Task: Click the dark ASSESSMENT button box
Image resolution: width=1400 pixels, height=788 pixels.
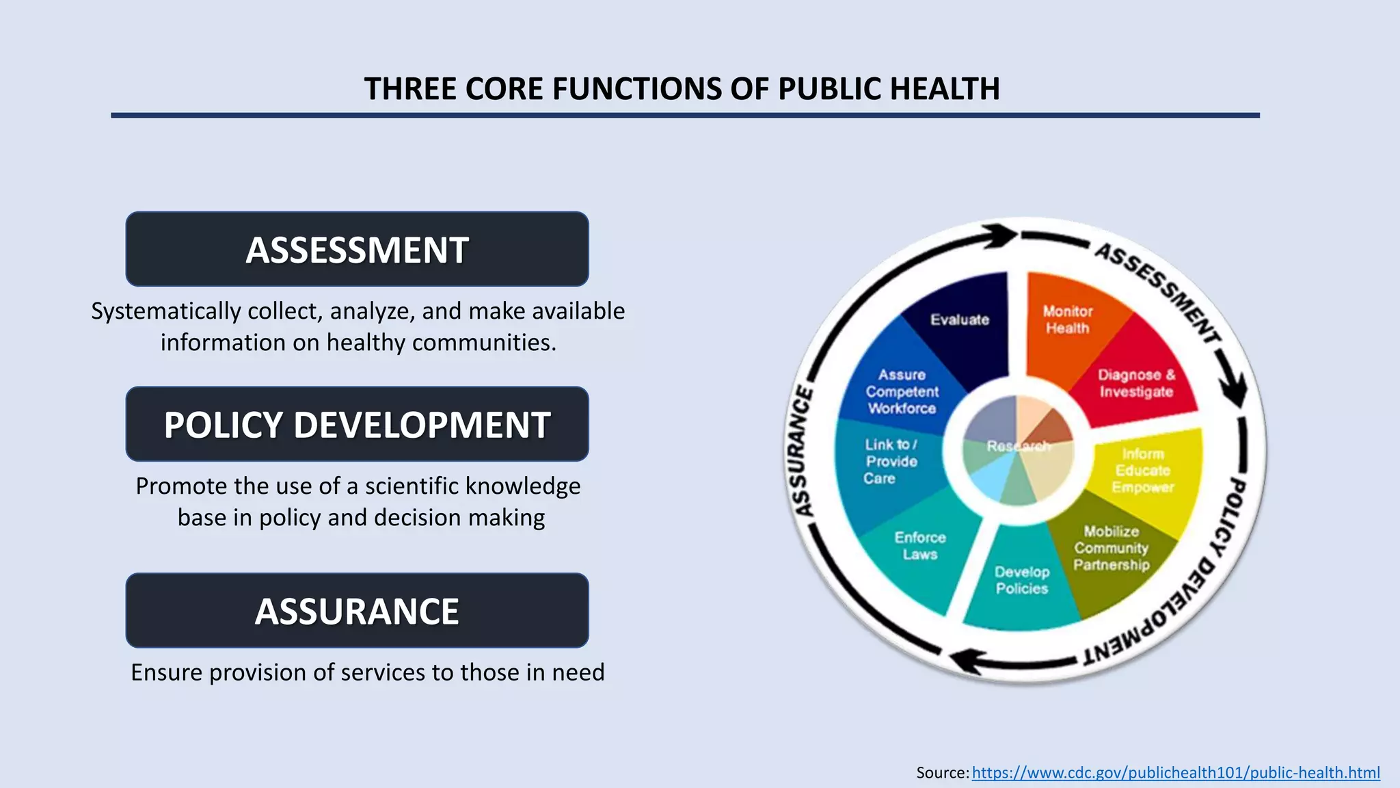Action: click(357, 249)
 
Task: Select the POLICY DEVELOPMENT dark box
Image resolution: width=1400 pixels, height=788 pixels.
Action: click(357, 424)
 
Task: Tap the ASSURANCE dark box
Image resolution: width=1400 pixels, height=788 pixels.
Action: click(357, 611)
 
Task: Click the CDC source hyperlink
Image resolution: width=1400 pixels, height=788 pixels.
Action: click(1176, 772)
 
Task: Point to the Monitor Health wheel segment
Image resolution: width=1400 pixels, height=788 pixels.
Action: click(1067, 320)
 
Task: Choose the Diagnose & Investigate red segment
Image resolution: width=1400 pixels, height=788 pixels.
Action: click(1135, 383)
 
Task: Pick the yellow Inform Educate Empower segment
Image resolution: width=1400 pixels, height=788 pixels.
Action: click(1143, 471)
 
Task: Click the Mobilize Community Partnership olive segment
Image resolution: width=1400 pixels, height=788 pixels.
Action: click(1112, 549)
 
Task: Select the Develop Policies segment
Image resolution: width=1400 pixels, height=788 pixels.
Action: click(1021, 580)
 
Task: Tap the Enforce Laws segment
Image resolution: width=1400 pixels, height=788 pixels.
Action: click(919, 546)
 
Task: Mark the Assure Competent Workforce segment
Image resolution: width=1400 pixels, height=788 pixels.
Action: click(902, 391)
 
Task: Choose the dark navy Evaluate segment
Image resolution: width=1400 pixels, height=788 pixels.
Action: click(960, 319)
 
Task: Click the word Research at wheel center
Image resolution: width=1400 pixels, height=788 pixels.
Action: click(1017, 447)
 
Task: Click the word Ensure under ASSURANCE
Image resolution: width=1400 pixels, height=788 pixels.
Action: click(167, 672)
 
